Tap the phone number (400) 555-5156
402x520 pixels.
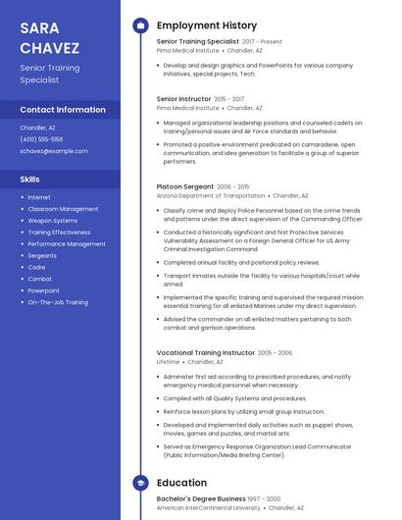pyautogui.click(x=41, y=139)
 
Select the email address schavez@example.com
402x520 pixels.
pyautogui.click(x=54, y=151)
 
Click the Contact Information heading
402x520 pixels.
pyautogui.click(x=63, y=110)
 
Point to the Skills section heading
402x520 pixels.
pyautogui.click(x=30, y=180)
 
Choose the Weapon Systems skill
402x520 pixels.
pyautogui.click(x=52, y=221)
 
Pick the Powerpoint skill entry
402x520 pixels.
pyautogui.click(x=43, y=290)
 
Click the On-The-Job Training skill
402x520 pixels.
pyautogui.click(x=57, y=302)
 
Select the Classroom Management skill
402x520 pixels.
pyautogui.click(x=63, y=209)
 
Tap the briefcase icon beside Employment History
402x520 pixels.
pyautogui.click(x=140, y=26)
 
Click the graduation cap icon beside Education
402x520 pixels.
pyautogui.click(x=140, y=483)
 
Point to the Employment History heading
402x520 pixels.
pyautogui.click(x=206, y=26)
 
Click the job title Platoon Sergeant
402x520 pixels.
pyautogui.click(x=184, y=186)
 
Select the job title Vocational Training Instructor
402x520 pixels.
pyautogui.click(x=205, y=352)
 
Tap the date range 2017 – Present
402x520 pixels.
pyautogui.click(x=262, y=41)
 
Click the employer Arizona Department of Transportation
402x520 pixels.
pyautogui.click(x=210, y=196)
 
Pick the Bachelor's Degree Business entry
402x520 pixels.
pyautogui.click(x=201, y=498)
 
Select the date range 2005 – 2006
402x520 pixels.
pyautogui.click(x=275, y=352)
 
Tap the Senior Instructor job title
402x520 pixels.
pyautogui.click(x=183, y=99)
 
